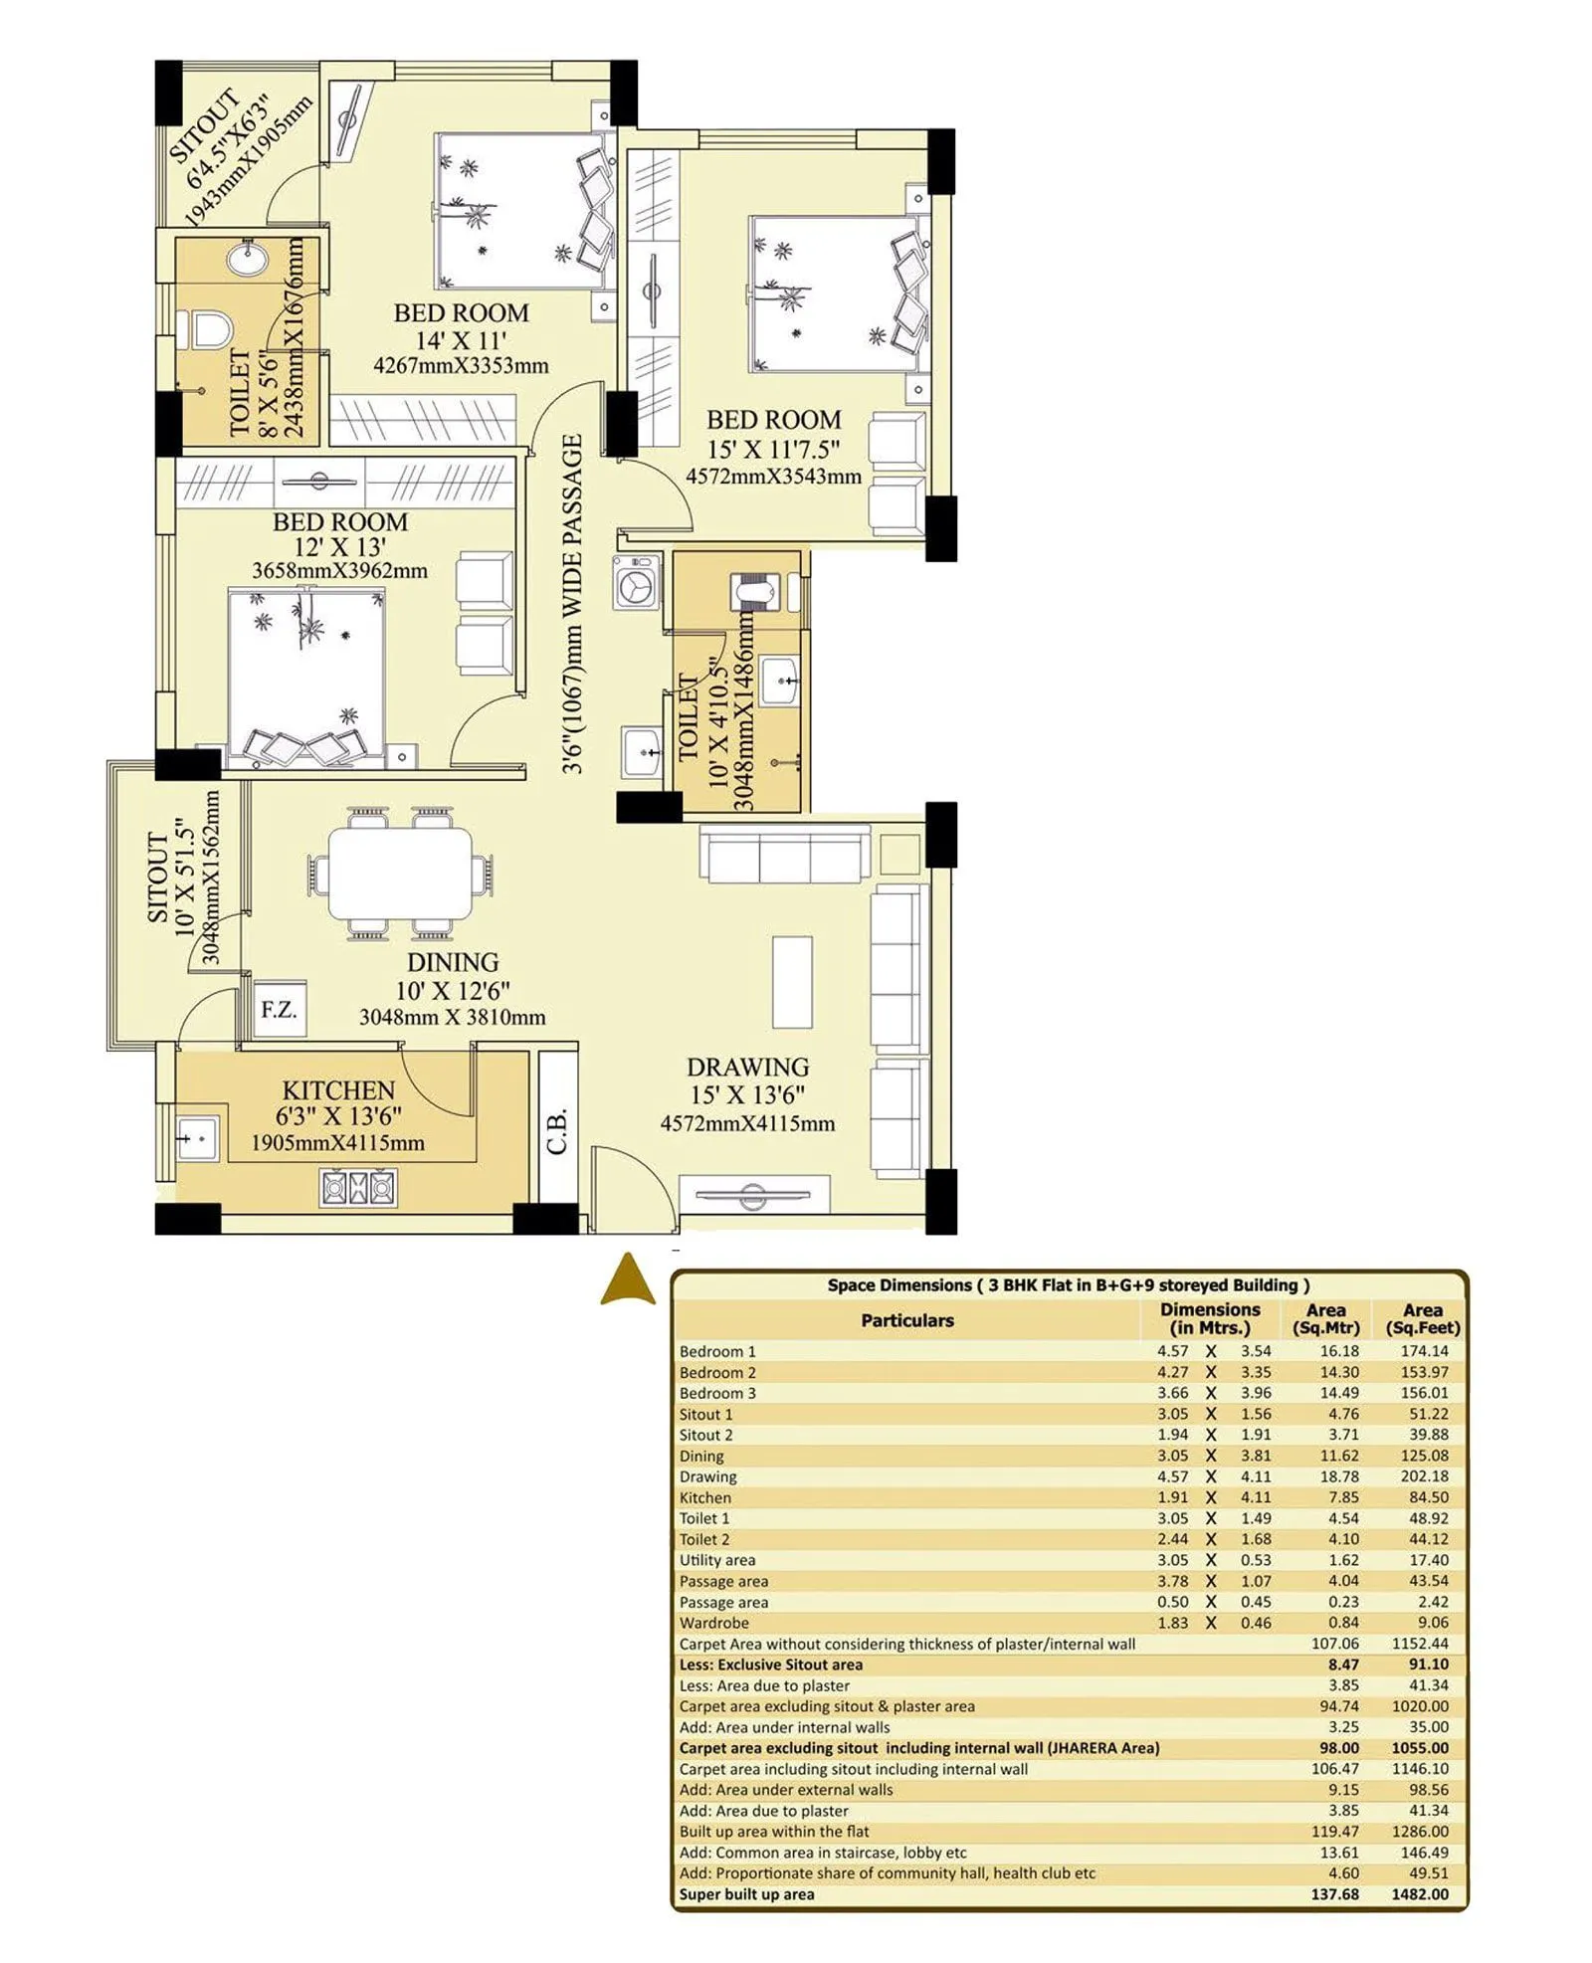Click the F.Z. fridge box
[x=278, y=1009]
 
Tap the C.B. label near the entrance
[x=557, y=1129]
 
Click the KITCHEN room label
[x=338, y=1089]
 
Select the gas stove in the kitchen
[x=358, y=1188]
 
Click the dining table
[x=400, y=874]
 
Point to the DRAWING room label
[x=747, y=1067]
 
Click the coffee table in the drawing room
[x=792, y=981]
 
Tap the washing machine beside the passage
[x=635, y=582]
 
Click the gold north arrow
[x=628, y=1280]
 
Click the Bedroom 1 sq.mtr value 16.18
[x=1338, y=1351]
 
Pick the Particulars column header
[x=906, y=1320]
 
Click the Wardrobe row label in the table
[x=713, y=1623]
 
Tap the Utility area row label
[x=716, y=1560]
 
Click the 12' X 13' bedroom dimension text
[x=339, y=546]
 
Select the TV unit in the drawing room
[x=754, y=1194]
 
